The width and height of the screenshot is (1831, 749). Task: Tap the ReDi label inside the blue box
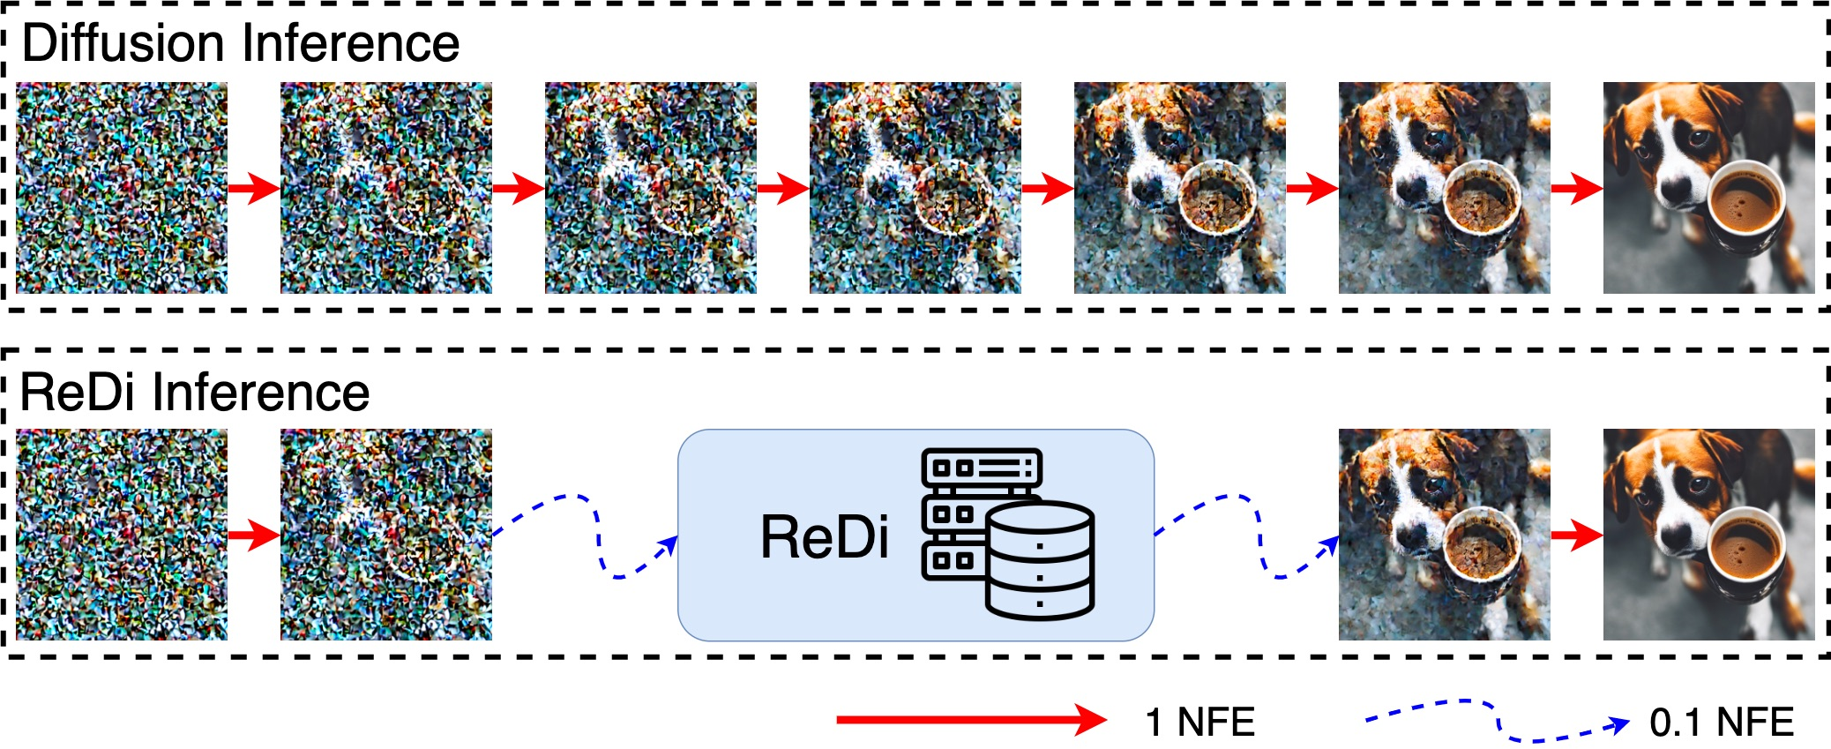(x=824, y=537)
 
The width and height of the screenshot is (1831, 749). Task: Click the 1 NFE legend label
(x=1199, y=723)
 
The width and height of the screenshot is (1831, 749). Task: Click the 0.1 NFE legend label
(x=1721, y=723)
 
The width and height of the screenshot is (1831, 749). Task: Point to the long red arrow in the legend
(x=970, y=720)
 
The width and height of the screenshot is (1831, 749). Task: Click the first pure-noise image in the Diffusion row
(x=122, y=188)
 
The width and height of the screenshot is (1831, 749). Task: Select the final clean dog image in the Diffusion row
(x=1708, y=188)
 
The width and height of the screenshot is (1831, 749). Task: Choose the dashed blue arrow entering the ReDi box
(x=586, y=535)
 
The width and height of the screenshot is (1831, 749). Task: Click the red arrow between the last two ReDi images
(x=1576, y=535)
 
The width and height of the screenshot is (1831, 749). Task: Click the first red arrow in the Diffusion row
(x=253, y=188)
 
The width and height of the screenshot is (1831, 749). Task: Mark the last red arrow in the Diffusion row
(x=1576, y=188)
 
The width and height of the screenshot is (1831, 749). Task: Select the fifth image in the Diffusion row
(x=1179, y=188)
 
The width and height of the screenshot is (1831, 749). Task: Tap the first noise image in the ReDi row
(x=122, y=535)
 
